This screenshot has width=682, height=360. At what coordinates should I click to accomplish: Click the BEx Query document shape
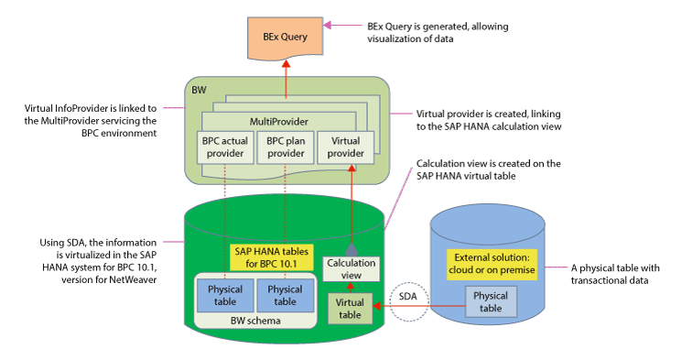coord(286,38)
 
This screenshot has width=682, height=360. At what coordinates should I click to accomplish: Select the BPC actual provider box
coord(225,147)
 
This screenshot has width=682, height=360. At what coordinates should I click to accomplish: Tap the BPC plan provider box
coord(286,147)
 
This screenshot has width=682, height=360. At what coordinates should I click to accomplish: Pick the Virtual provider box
coord(346,147)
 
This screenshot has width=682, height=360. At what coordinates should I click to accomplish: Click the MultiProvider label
coord(279,122)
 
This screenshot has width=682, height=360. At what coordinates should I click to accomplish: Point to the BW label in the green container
coord(199,90)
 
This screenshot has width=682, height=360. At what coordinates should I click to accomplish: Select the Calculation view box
coord(351,269)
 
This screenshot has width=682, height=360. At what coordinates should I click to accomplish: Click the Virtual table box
coord(350,309)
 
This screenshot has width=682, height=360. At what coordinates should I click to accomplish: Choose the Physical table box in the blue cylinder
coord(491,301)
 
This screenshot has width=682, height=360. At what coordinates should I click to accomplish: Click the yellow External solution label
coord(492,264)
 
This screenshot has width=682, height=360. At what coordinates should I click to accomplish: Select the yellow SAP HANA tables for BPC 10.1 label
coord(271,257)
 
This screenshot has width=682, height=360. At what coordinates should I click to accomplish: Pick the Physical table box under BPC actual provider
coord(225,296)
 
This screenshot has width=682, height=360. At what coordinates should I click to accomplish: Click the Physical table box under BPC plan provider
coord(286,296)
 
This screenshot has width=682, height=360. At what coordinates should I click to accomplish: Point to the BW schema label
coord(255,321)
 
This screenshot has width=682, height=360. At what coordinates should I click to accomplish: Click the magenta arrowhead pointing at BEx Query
coord(327,25)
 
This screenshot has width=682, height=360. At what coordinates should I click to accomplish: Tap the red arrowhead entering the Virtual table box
coord(377,306)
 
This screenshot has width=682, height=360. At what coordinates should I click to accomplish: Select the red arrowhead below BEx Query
coord(286,63)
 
